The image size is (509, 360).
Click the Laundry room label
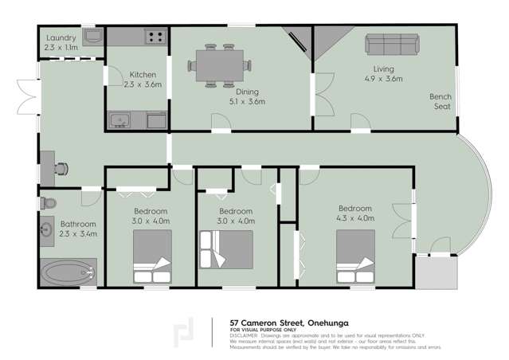pyautogui.click(x=61, y=37)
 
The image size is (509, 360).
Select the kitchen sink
pyautogui.click(x=120, y=121)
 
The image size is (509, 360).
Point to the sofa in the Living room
pyautogui.click(x=392, y=43)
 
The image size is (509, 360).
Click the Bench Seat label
pyautogui.click(x=442, y=101)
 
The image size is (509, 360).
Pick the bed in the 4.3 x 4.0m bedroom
pyautogui.click(x=354, y=256)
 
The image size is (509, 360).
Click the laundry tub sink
pyautogui.click(x=92, y=37)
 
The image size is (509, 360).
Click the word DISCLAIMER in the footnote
pyautogui.click(x=243, y=335)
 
